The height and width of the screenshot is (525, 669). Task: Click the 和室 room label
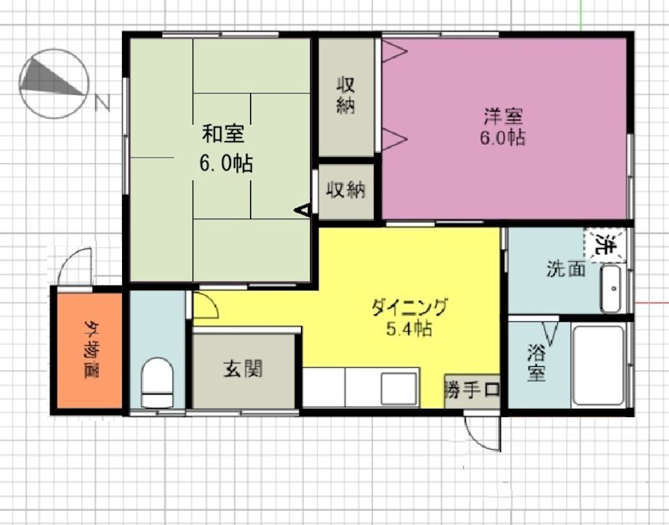click(x=224, y=134)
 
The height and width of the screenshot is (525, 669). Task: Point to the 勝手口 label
click(x=472, y=390)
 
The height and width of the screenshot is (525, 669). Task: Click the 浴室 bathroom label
click(x=536, y=362)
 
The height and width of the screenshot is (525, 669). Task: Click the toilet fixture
click(x=156, y=381)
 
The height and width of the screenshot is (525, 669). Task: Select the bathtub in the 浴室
click(x=598, y=365)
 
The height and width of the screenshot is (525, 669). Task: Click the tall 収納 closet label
click(x=346, y=94)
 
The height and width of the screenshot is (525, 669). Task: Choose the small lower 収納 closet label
click(x=346, y=190)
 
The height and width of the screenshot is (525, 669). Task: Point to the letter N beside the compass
click(x=103, y=103)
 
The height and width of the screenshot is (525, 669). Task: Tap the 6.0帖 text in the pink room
click(x=502, y=138)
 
